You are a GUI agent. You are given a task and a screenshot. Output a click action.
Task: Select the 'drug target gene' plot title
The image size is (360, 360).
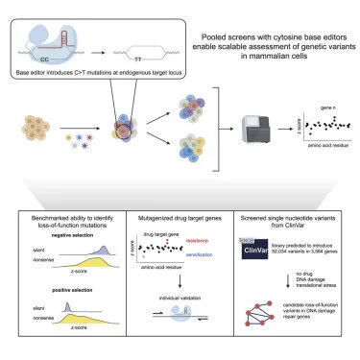coord(164,232)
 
